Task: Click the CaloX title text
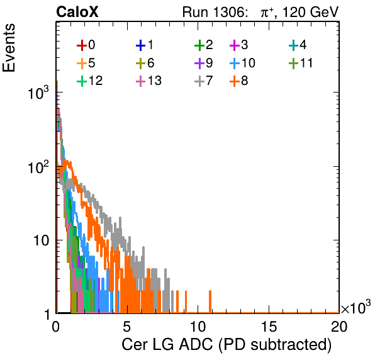click(77, 12)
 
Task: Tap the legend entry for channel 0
click(86, 45)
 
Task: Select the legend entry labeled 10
click(242, 63)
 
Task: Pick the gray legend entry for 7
click(203, 81)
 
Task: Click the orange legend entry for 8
click(238, 81)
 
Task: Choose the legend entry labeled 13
click(148, 81)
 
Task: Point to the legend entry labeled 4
click(297, 45)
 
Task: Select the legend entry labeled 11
click(301, 63)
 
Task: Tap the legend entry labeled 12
click(90, 81)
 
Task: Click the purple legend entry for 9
click(203, 63)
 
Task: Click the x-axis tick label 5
click(126, 327)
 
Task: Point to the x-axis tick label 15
click(269, 327)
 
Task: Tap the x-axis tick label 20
click(339, 327)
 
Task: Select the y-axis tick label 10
click(41, 240)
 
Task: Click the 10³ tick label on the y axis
click(38, 93)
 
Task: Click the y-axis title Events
click(9, 48)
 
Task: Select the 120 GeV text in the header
click(311, 12)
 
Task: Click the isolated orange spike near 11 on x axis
click(210, 301)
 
